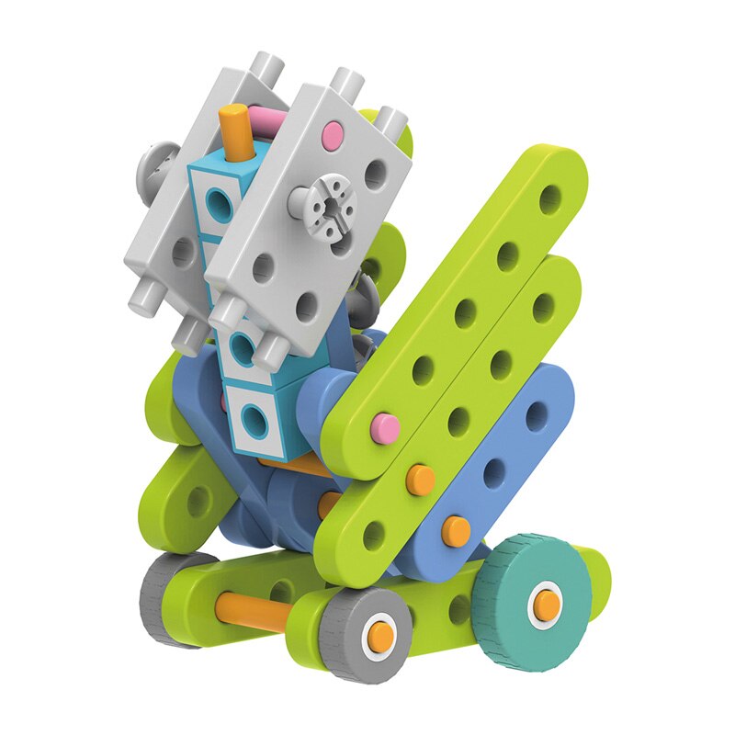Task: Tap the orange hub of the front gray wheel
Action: pyautogui.click(x=379, y=633)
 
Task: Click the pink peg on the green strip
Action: pyautogui.click(x=384, y=424)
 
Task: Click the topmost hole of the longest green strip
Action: pyautogui.click(x=550, y=197)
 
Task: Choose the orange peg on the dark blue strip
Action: pyautogui.click(x=455, y=528)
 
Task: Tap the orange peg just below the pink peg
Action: pyautogui.click(x=421, y=479)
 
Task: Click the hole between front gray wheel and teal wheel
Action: pyautogui.click(x=458, y=607)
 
